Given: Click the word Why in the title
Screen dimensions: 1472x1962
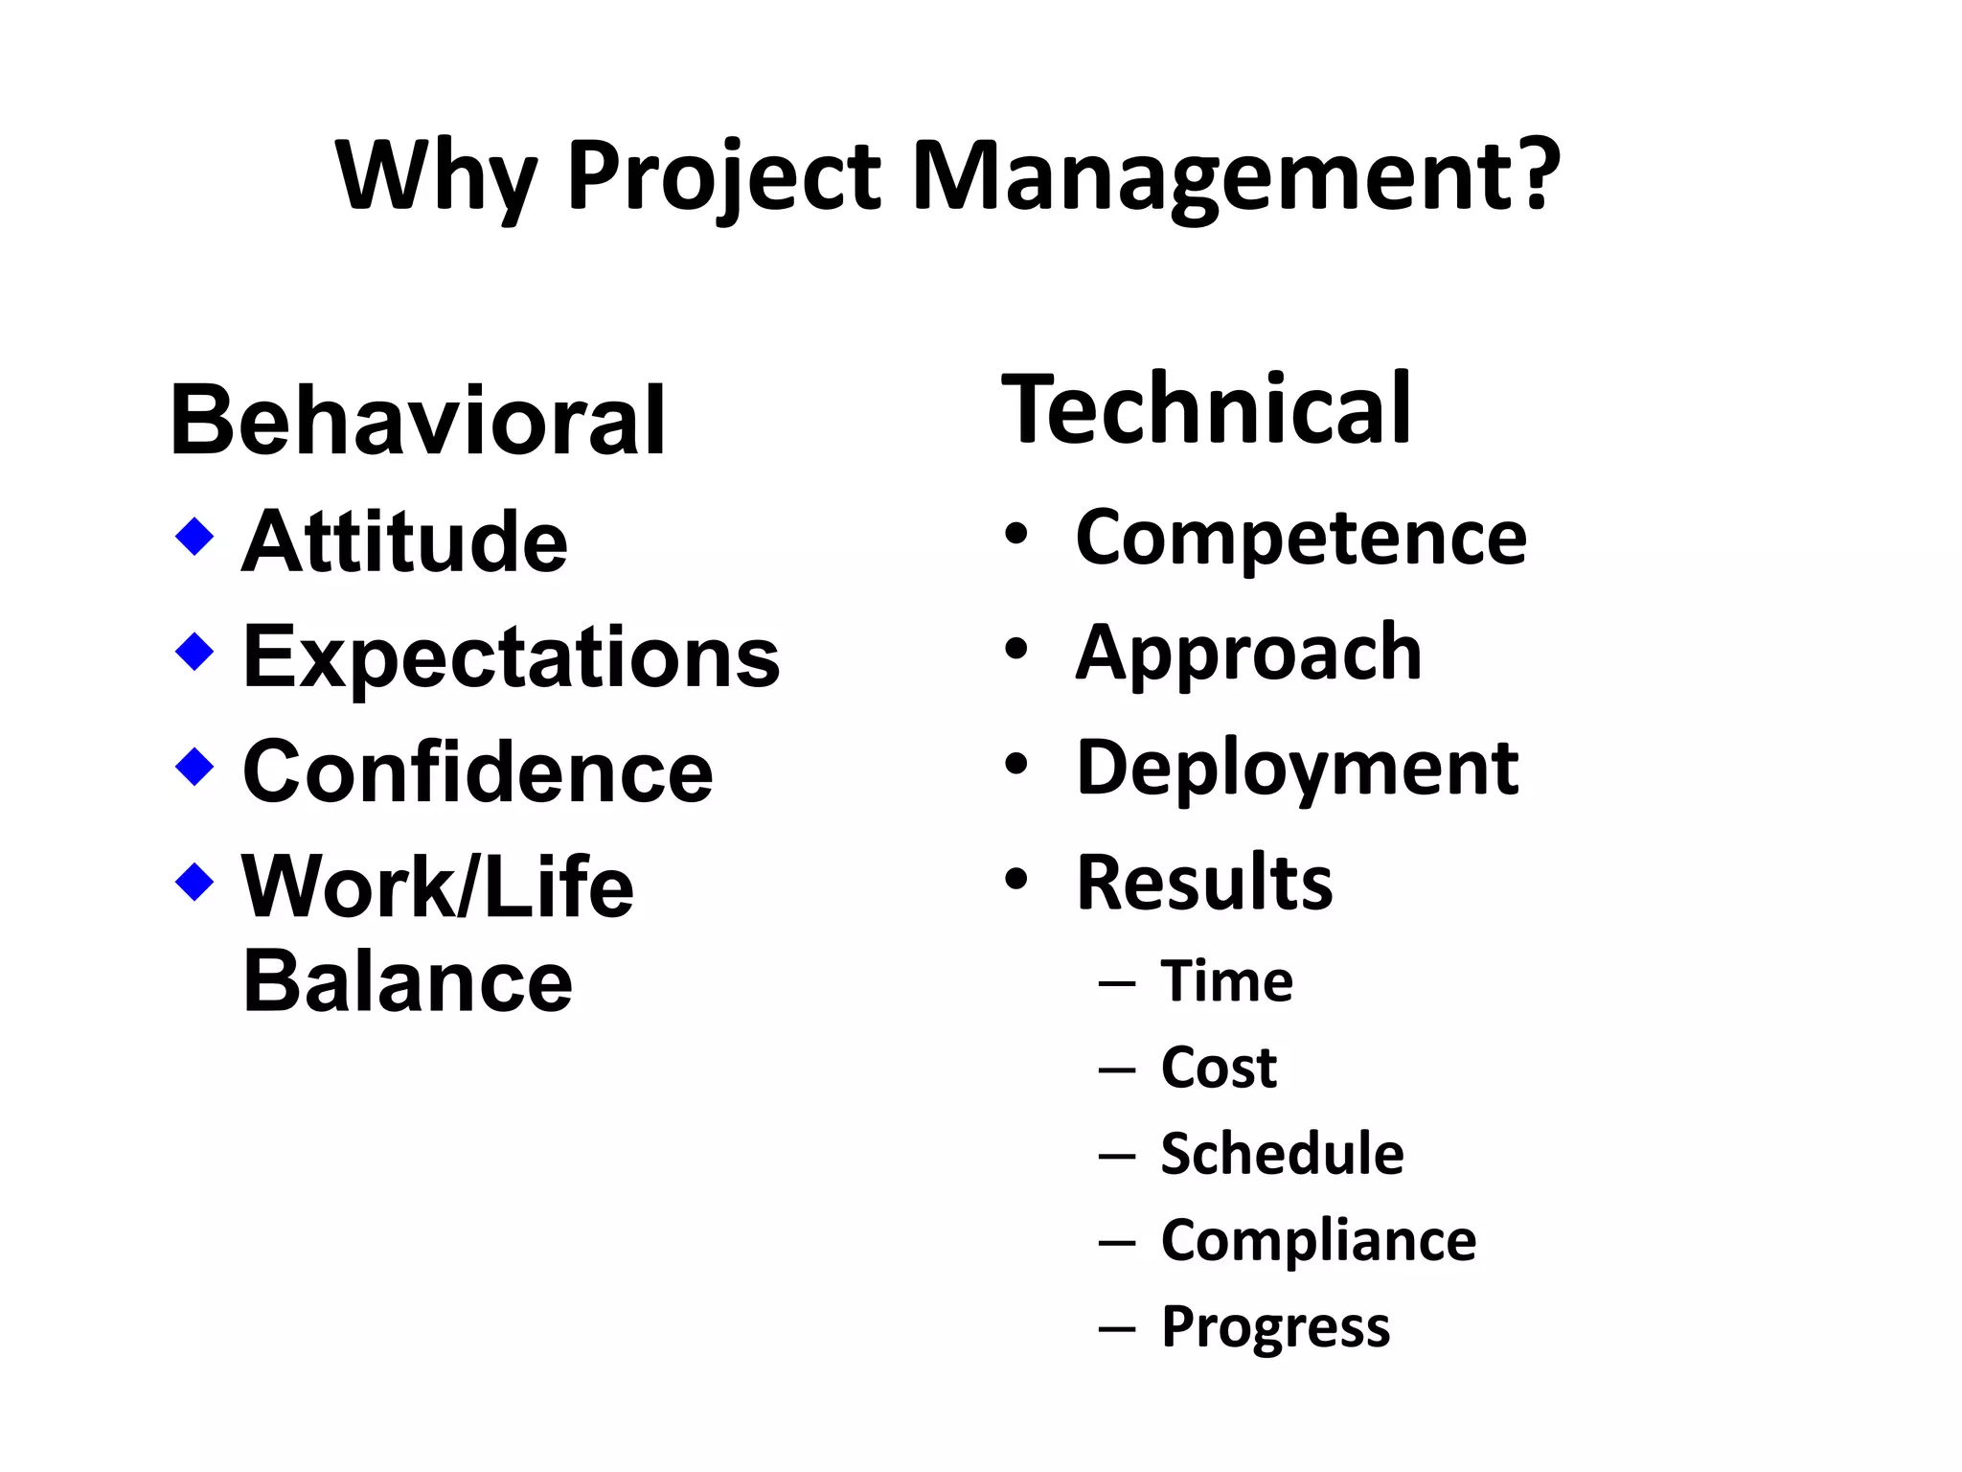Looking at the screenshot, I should pyautogui.click(x=435, y=177).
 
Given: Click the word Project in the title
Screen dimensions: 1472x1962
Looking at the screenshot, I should pyautogui.click(x=724, y=177).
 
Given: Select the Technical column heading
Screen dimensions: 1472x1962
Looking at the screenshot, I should pyautogui.click(x=1206, y=409).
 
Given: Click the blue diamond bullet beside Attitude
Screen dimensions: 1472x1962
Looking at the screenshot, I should pyautogui.click(x=194, y=537).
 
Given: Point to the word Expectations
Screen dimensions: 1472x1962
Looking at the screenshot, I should pyautogui.click(x=512, y=656).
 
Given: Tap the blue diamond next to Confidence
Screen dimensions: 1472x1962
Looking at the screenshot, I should pyautogui.click(x=194, y=767).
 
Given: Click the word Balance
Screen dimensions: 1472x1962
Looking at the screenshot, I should pyautogui.click(x=408, y=981).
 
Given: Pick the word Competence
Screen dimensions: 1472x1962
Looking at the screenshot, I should pyautogui.click(x=1301, y=538).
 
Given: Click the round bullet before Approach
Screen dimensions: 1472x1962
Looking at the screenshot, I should pyautogui.click(x=1016, y=651).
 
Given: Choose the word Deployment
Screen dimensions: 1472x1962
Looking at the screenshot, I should pyautogui.click(x=1297, y=768).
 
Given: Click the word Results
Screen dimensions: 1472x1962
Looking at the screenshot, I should pyautogui.click(x=1204, y=883).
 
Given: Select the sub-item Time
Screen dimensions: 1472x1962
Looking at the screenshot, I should pyautogui.click(x=1227, y=981).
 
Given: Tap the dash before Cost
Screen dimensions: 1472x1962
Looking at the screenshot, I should pyautogui.click(x=1117, y=1069).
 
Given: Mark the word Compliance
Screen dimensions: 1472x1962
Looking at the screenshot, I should pyautogui.click(x=1318, y=1240).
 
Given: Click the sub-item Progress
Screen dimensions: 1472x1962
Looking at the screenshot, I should pyautogui.click(x=1275, y=1327).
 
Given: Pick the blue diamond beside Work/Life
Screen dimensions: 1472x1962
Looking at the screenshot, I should pyautogui.click(x=194, y=882).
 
